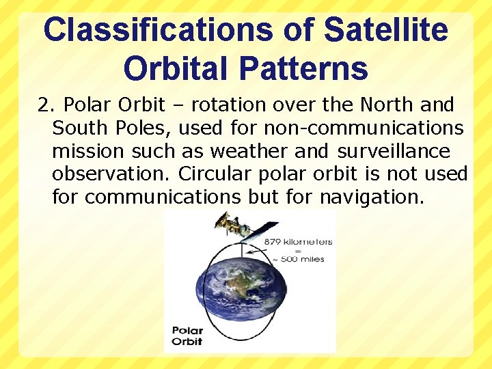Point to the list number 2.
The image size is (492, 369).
(x=45, y=105)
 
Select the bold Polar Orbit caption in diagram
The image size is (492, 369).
(x=187, y=336)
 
